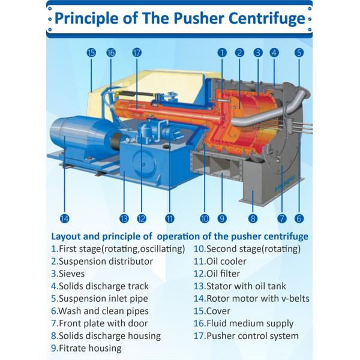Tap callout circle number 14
click(65, 218)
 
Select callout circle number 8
click(253, 218)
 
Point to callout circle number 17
click(137, 53)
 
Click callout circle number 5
click(299, 53)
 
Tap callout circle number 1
click(222, 53)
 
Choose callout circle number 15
click(91, 53)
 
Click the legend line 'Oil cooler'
click(226, 261)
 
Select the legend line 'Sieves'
click(73, 274)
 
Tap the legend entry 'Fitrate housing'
click(89, 348)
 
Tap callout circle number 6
click(299, 218)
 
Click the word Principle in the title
click(88, 18)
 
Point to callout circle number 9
click(222, 218)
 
